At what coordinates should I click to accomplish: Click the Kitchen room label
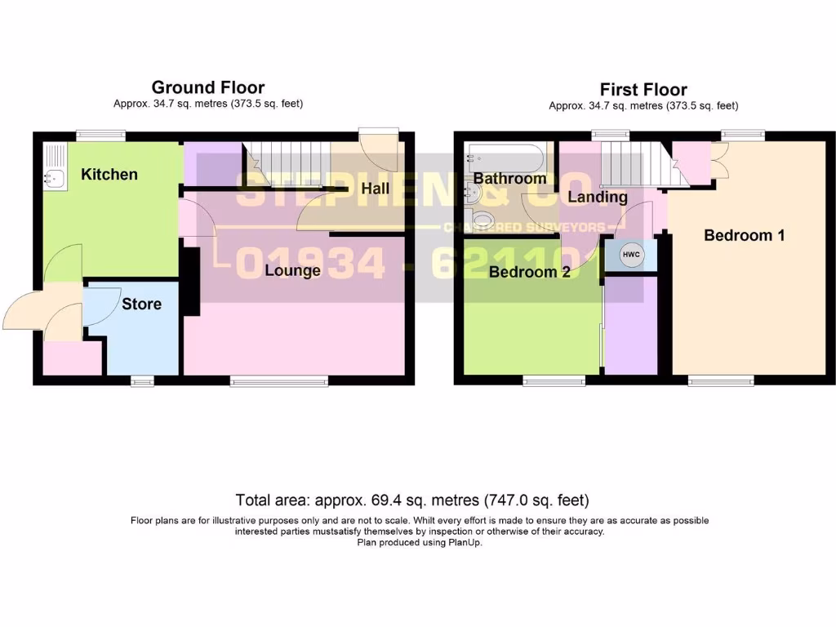coord(109,174)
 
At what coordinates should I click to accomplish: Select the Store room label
coord(141,304)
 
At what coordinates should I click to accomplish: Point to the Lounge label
coord(292,270)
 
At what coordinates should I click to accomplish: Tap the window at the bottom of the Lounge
coord(279,380)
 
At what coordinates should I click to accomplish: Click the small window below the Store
coord(142,380)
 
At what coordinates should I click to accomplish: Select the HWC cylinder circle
coord(631,256)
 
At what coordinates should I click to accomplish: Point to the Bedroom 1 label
coord(744,236)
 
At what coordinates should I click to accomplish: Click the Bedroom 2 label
coord(529,273)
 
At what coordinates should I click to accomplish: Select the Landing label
coord(598,197)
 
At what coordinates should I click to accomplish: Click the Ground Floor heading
coord(208,87)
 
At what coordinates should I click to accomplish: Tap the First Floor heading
coord(643,90)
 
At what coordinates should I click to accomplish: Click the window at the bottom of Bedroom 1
coord(721,380)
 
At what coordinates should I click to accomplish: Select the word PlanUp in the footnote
coord(464,542)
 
